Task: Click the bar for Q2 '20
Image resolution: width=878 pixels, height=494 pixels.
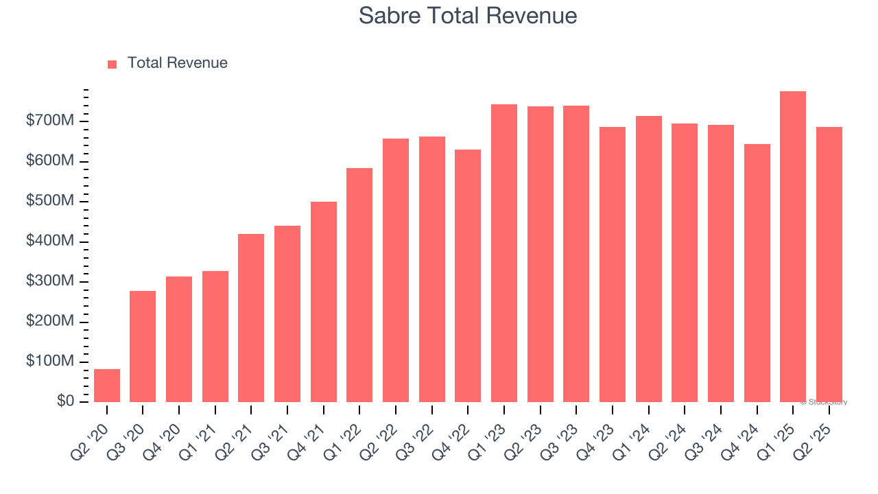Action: click(x=107, y=386)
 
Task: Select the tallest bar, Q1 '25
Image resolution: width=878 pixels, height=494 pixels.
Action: click(x=793, y=247)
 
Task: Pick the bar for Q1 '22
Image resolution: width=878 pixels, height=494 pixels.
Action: click(x=359, y=285)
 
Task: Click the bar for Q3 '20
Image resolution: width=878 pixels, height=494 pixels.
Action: click(x=143, y=346)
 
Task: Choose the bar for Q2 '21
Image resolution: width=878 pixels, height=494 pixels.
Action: click(x=251, y=318)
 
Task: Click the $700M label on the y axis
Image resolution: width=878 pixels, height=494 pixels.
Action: click(x=50, y=121)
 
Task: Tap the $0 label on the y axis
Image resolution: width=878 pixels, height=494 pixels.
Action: click(x=66, y=401)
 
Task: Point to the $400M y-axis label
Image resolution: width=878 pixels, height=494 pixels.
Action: click(x=50, y=242)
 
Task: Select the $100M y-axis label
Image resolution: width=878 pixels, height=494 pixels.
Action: click(x=50, y=362)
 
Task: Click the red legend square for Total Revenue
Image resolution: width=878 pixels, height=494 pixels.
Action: click(x=112, y=64)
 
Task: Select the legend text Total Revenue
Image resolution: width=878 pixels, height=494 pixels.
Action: click(x=177, y=63)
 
